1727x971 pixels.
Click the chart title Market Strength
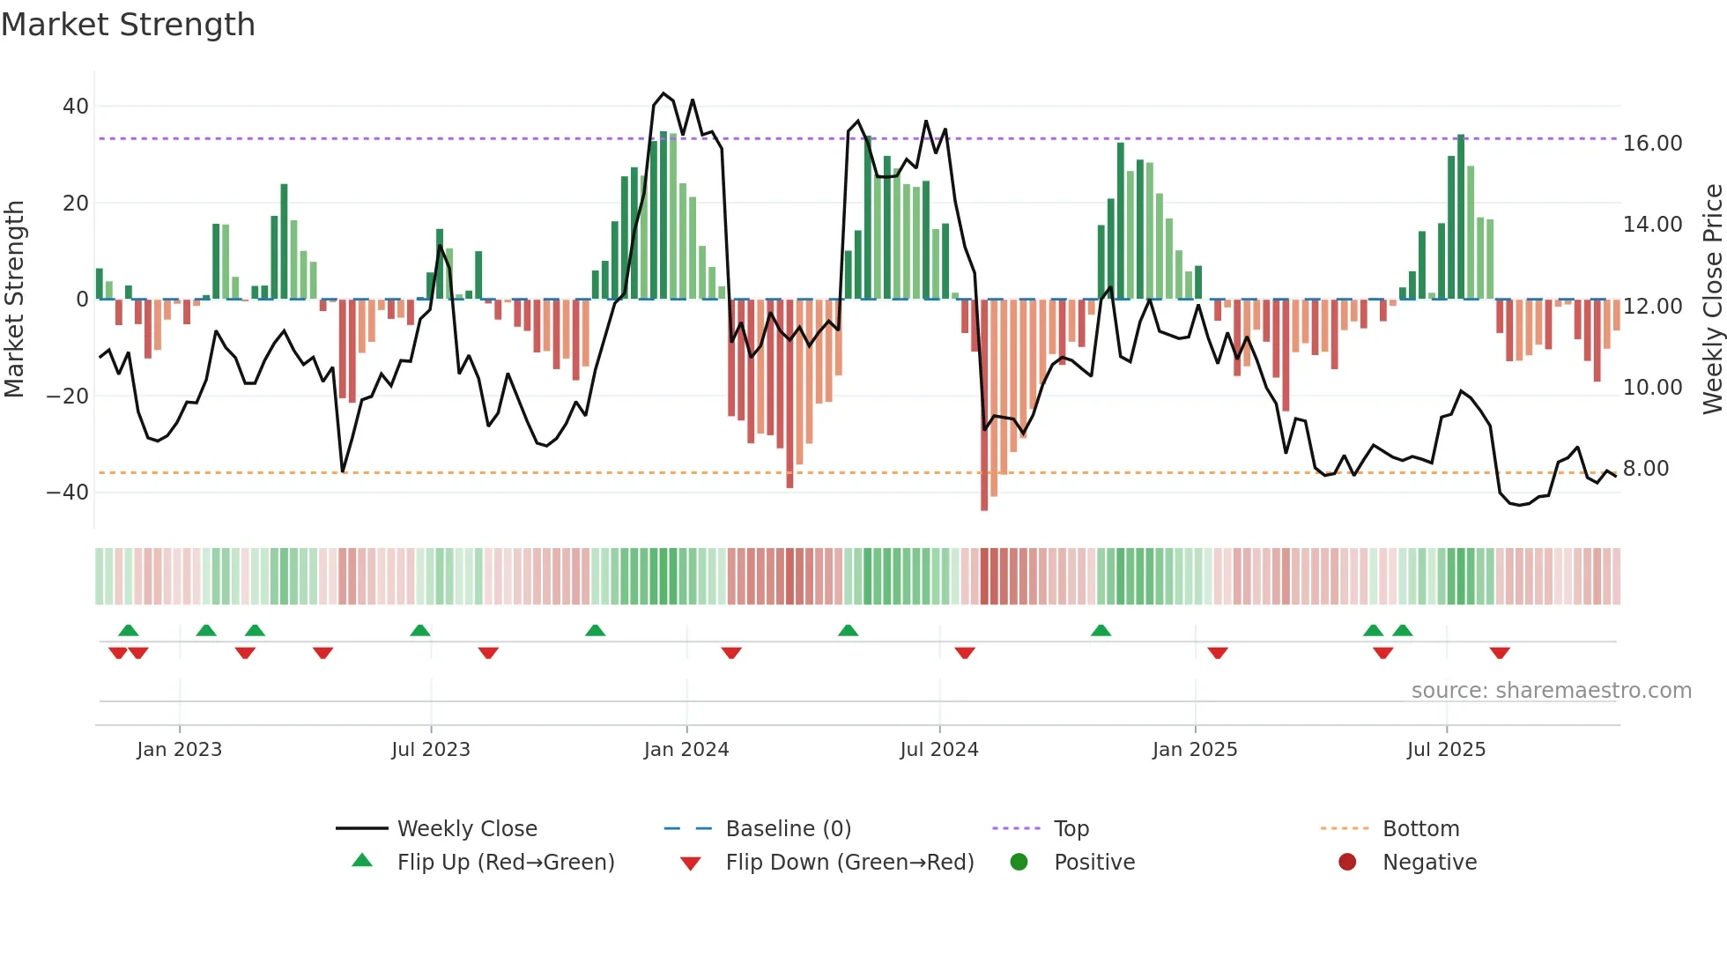point(128,25)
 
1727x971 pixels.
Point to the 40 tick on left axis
point(76,107)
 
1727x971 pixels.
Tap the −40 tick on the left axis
point(68,493)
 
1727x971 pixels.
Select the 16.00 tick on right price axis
point(1652,144)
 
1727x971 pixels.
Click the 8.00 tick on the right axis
point(1646,469)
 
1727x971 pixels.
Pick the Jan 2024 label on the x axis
point(686,750)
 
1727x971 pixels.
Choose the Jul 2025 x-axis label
point(1446,750)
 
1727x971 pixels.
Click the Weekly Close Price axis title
point(1712,299)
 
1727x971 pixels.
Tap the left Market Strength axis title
point(15,299)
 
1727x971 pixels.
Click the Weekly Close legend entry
point(466,829)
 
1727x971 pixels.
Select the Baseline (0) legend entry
point(788,829)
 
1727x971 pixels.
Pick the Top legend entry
point(1071,829)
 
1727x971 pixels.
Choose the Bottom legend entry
point(1420,829)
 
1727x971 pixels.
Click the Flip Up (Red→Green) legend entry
point(505,863)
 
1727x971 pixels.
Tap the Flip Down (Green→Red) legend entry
point(849,863)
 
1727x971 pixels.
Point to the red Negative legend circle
point(1347,863)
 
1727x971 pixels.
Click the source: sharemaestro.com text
point(1551,691)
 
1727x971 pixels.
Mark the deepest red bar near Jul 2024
point(984,405)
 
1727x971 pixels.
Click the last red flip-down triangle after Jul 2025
point(1500,653)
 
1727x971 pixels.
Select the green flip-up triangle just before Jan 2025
point(1101,630)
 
